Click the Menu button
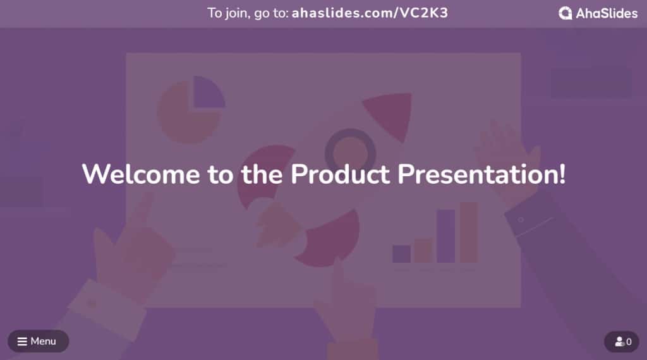coord(38,341)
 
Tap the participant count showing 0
coord(622,342)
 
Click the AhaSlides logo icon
coord(565,13)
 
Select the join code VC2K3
coord(423,13)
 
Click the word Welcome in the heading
coord(141,174)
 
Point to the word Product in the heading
coord(340,174)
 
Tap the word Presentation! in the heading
coord(481,175)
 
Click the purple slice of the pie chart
coord(209,92)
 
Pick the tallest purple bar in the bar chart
coord(445,236)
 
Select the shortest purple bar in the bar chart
coord(401,254)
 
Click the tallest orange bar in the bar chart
coord(469,232)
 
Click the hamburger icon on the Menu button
coord(22,342)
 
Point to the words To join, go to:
coord(248,14)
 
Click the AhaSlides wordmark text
coord(607,14)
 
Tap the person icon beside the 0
coord(619,342)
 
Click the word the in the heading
coord(262,174)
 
